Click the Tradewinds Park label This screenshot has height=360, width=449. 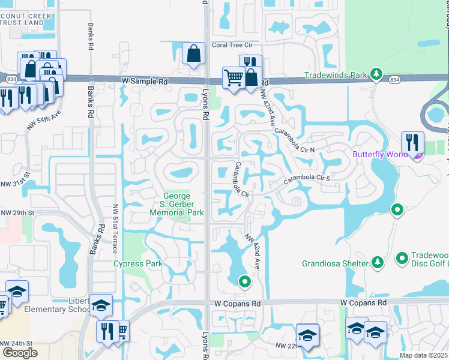[x=335, y=76]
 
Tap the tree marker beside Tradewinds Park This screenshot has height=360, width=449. [x=376, y=74]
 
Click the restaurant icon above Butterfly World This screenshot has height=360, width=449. [x=412, y=142]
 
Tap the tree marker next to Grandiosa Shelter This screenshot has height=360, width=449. [x=377, y=262]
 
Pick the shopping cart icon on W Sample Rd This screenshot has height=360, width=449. [x=233, y=77]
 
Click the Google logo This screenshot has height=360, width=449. [x=20, y=352]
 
